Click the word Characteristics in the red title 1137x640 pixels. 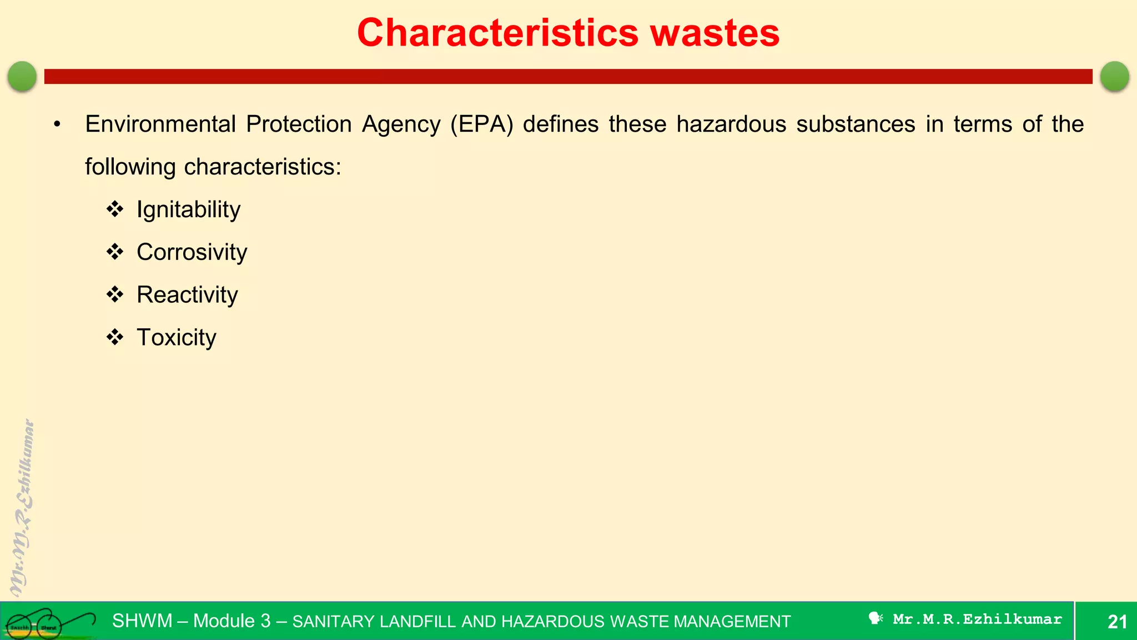[498, 33]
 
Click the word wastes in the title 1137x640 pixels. [715, 33]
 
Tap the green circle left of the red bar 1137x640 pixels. [22, 76]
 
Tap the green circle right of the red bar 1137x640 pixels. [1114, 76]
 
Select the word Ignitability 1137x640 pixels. [188, 210]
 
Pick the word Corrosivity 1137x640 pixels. [192, 252]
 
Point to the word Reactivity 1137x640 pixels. [187, 295]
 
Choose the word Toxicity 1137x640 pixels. [177, 338]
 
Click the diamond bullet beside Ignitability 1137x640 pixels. [115, 209]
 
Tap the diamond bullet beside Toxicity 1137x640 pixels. [115, 337]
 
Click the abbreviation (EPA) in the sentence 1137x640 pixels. [481, 124]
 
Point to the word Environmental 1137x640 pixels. [160, 124]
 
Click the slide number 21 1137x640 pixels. [1117, 622]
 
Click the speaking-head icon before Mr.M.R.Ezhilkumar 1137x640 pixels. [876, 618]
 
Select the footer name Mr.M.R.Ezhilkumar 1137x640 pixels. [977, 619]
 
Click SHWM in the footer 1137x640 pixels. [142, 621]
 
